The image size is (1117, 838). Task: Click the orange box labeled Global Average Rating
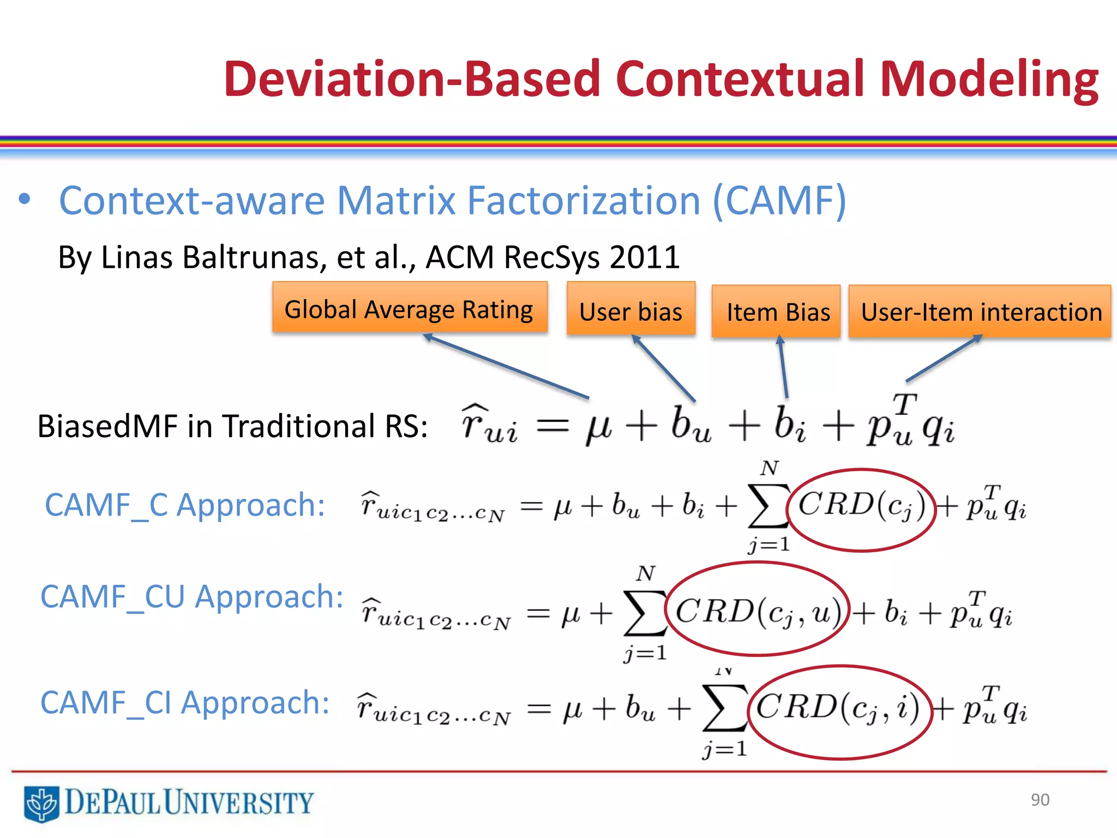(410, 308)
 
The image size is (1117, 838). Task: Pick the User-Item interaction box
(980, 312)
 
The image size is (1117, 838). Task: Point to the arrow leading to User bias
(664, 369)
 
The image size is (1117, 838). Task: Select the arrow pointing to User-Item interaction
(944, 358)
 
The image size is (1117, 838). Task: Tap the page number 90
(1040, 800)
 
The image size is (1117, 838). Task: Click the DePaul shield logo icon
(41, 803)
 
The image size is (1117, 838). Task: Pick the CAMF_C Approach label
(185, 505)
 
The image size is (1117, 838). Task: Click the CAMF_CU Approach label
(192, 596)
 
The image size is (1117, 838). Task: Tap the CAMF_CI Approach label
(185, 702)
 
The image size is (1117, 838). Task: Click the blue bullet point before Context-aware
(24, 199)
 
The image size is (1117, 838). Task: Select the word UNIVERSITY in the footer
(239, 803)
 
